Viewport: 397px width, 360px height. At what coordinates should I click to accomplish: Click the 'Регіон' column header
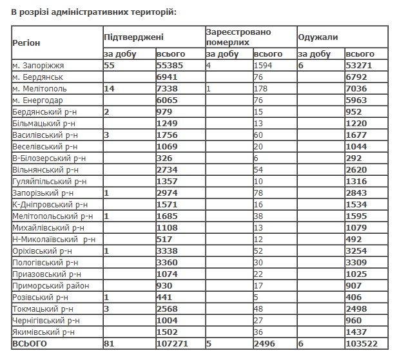pyautogui.click(x=26, y=42)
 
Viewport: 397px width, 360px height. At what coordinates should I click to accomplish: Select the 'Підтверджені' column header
pyautogui.click(x=134, y=37)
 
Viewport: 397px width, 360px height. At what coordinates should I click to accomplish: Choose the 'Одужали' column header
pyautogui.click(x=318, y=37)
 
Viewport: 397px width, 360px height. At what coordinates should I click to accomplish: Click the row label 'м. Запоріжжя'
pyautogui.click(x=38, y=66)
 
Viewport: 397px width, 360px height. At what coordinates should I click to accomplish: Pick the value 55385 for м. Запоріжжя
pyautogui.click(x=171, y=66)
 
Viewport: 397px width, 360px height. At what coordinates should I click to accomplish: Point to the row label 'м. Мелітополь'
pyautogui.click(x=39, y=88)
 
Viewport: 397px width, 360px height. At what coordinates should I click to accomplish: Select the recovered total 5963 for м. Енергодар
pyautogui.click(x=356, y=100)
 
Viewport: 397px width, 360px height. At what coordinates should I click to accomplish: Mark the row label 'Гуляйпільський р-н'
pyautogui.click(x=48, y=181)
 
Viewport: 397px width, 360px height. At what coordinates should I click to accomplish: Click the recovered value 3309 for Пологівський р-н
pyautogui.click(x=356, y=262)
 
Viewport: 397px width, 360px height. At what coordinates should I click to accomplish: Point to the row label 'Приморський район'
pyautogui.click(x=46, y=285)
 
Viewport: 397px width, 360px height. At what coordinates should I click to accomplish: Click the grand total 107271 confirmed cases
pyautogui.click(x=173, y=344)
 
